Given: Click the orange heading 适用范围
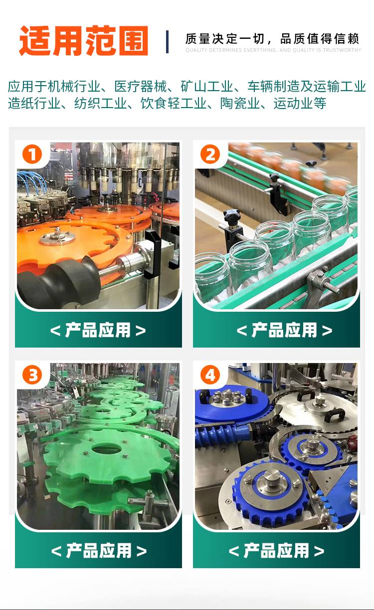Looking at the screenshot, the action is (83, 41).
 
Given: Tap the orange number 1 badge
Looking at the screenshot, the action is (32, 154).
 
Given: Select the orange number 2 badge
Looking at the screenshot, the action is (210, 154).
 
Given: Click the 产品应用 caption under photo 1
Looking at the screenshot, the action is (98, 330).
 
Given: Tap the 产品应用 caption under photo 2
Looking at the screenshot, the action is (285, 330).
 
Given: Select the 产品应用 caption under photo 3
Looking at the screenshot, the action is (99, 550).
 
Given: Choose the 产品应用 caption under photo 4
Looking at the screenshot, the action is (276, 550).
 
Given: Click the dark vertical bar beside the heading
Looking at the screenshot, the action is (167, 42).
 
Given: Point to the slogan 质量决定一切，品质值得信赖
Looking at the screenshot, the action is (272, 39).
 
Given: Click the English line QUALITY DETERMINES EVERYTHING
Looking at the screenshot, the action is (273, 50).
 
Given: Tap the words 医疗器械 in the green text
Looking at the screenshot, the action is (140, 86).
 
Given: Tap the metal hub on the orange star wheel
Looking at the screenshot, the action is (57, 237).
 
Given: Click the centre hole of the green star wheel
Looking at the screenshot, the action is (106, 448).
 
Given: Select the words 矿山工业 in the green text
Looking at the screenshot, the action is (207, 86).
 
